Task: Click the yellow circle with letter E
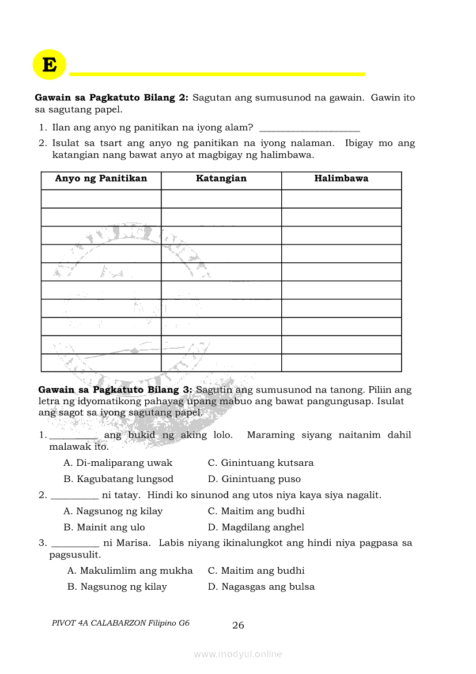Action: pyautogui.click(x=50, y=65)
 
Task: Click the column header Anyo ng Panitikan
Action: pyautogui.click(x=101, y=179)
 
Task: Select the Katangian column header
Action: pyautogui.click(x=221, y=179)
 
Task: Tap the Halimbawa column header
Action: pyautogui.click(x=341, y=179)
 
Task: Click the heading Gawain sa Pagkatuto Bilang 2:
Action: pyautogui.click(x=112, y=98)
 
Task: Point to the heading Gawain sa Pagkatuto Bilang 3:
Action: pyautogui.click(x=115, y=390)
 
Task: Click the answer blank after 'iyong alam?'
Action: pyautogui.click(x=309, y=127)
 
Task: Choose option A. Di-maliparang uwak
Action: pyautogui.click(x=118, y=463)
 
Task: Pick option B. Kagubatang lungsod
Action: pyautogui.click(x=118, y=479)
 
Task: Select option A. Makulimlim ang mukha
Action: pyautogui.click(x=130, y=571)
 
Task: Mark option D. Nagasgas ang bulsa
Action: pyautogui.click(x=261, y=587)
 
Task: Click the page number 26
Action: pyautogui.click(x=238, y=626)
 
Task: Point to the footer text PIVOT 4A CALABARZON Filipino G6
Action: pyautogui.click(x=120, y=623)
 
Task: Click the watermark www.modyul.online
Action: pyautogui.click(x=238, y=654)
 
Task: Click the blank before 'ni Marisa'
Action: pyautogui.click(x=75, y=544)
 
